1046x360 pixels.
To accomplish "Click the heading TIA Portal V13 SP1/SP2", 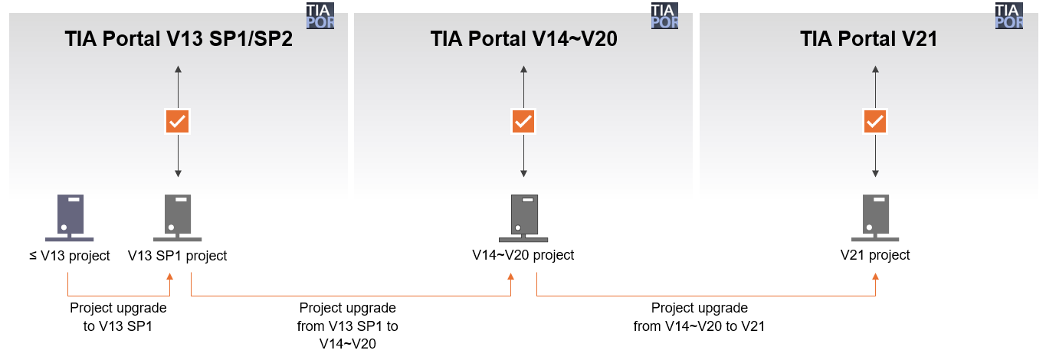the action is [179, 39].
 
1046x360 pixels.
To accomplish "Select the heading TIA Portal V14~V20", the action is [523, 39].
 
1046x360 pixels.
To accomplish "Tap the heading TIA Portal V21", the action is [868, 39].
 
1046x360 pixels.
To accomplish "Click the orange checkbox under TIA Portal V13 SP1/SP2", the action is [178, 121].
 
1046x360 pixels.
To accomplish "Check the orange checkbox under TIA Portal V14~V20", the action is [523, 121].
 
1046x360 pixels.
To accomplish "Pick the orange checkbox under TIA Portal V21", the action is [875, 121].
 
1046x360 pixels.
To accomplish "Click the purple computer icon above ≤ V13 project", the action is [70, 218].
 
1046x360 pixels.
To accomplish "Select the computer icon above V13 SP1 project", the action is [178, 218].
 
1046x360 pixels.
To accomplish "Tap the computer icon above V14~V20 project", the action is [523, 218].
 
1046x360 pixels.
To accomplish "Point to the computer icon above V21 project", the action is [875, 218].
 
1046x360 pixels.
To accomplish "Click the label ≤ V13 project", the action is [70, 256].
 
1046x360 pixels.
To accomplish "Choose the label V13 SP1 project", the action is [178, 256].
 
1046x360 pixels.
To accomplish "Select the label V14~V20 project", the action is [523, 255].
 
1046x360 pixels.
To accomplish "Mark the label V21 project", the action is [875, 255].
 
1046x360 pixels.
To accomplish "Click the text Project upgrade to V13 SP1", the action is [118, 317].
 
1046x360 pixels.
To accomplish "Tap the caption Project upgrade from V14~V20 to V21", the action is [700, 317].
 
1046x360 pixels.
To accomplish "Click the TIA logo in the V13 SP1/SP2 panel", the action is [320, 16].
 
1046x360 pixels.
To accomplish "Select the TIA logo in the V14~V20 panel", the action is [665, 16].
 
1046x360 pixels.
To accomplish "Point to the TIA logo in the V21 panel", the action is [1009, 16].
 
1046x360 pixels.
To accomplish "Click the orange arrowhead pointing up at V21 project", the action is [876, 277].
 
